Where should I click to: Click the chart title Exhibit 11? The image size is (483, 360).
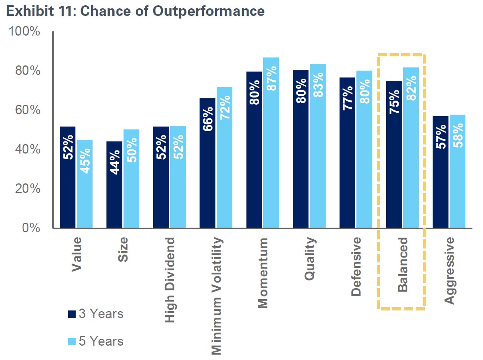point(135,11)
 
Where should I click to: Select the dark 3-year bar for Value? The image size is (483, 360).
point(68,178)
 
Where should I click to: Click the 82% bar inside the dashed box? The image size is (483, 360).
point(411,148)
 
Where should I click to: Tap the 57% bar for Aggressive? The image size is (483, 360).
point(440,172)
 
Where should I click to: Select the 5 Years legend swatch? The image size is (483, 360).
point(72,341)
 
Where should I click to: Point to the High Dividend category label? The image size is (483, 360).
point(170,280)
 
